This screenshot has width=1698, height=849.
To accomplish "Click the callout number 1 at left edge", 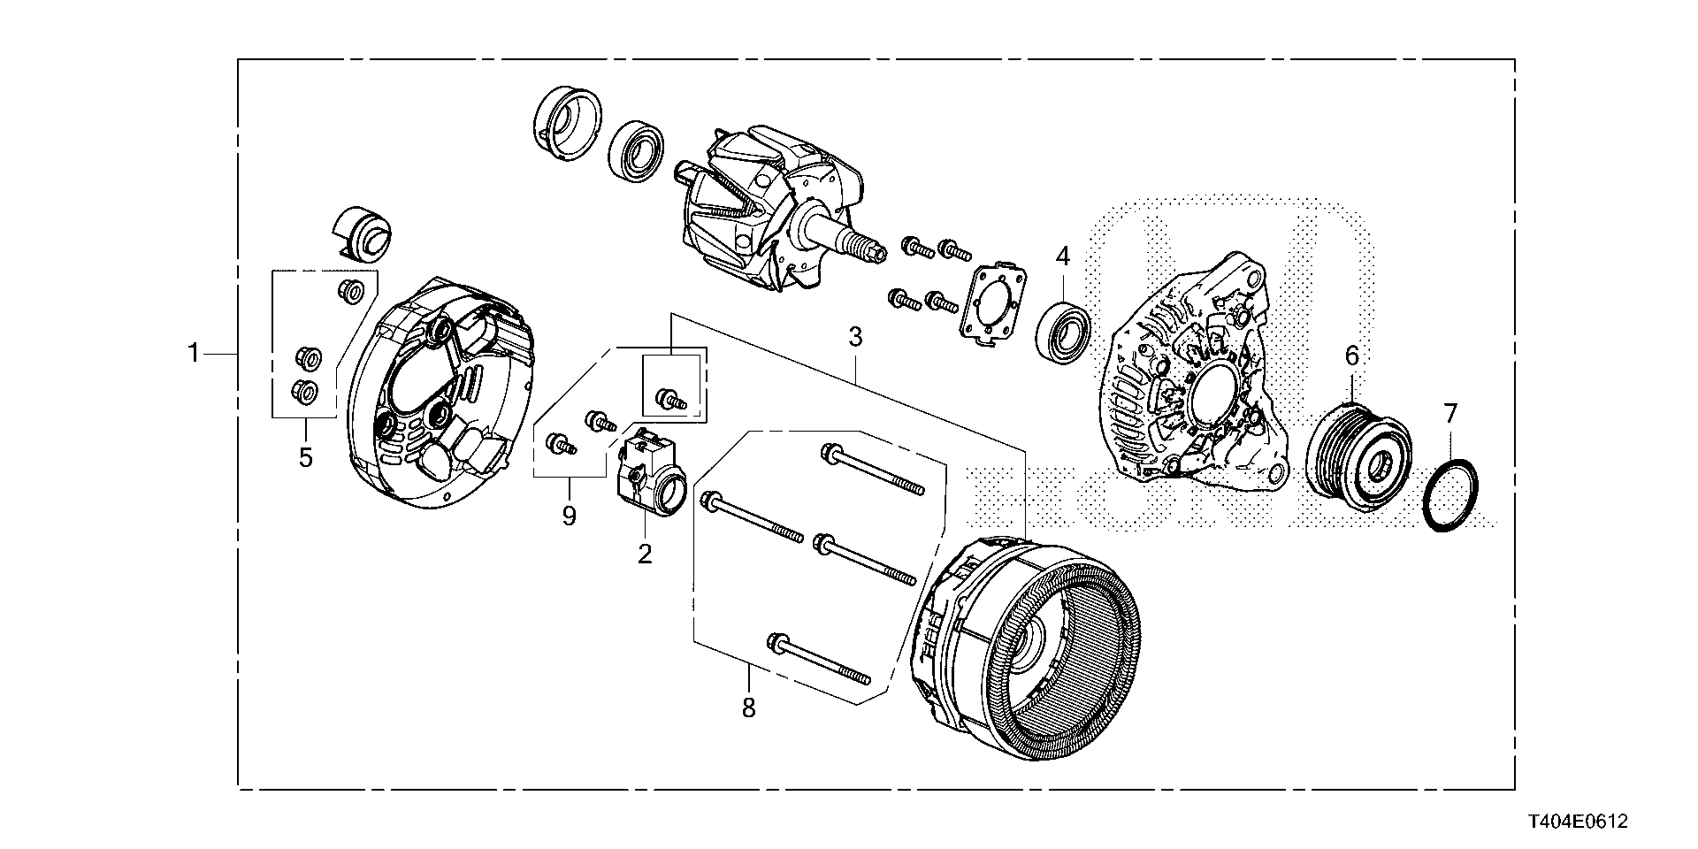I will point(194,354).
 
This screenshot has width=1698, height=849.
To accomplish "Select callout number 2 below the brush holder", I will point(645,555).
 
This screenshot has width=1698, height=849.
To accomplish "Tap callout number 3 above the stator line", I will point(855,337).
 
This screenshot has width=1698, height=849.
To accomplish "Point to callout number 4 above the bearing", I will point(1062,257).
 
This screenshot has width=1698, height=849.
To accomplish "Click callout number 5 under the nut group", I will point(305,457).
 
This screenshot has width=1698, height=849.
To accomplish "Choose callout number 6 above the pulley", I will point(1351,356).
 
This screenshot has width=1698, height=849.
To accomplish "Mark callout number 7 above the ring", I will point(1449,413).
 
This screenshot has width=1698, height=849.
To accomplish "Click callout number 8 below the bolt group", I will point(749,707).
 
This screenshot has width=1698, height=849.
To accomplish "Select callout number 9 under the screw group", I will point(569,516).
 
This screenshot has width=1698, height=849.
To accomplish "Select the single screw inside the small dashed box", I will point(669,400).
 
